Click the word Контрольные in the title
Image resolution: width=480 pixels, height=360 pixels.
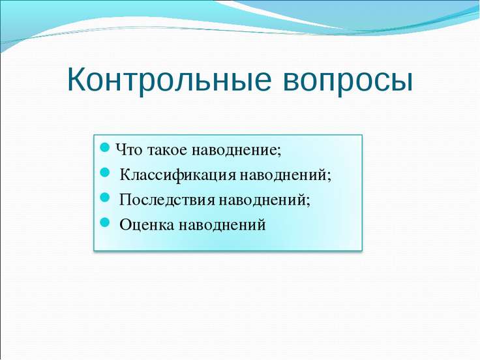click(170, 79)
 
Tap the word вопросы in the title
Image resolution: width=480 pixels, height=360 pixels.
click(348, 82)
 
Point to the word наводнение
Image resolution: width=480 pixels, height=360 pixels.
click(234, 151)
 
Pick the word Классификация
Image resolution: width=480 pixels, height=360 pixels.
click(178, 175)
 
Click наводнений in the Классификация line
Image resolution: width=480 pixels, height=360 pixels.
click(283, 175)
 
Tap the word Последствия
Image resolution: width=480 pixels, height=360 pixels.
click(167, 200)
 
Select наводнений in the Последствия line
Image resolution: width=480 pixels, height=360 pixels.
click(262, 200)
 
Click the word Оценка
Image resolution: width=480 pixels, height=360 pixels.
click(147, 225)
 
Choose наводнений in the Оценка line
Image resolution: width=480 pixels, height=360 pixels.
click(222, 225)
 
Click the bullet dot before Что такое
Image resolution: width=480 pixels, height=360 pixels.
click(105, 147)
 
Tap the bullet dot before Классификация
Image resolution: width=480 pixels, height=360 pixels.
click(105, 172)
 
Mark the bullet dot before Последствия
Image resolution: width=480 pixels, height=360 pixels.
click(105, 197)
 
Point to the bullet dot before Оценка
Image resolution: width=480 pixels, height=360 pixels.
click(105, 222)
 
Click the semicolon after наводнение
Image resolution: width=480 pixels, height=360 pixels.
click(279, 152)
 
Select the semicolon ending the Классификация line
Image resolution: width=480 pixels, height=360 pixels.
click(329, 177)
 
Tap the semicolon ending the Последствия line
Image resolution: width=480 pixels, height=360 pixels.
click(308, 202)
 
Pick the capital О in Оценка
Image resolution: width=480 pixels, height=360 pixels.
click(125, 225)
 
